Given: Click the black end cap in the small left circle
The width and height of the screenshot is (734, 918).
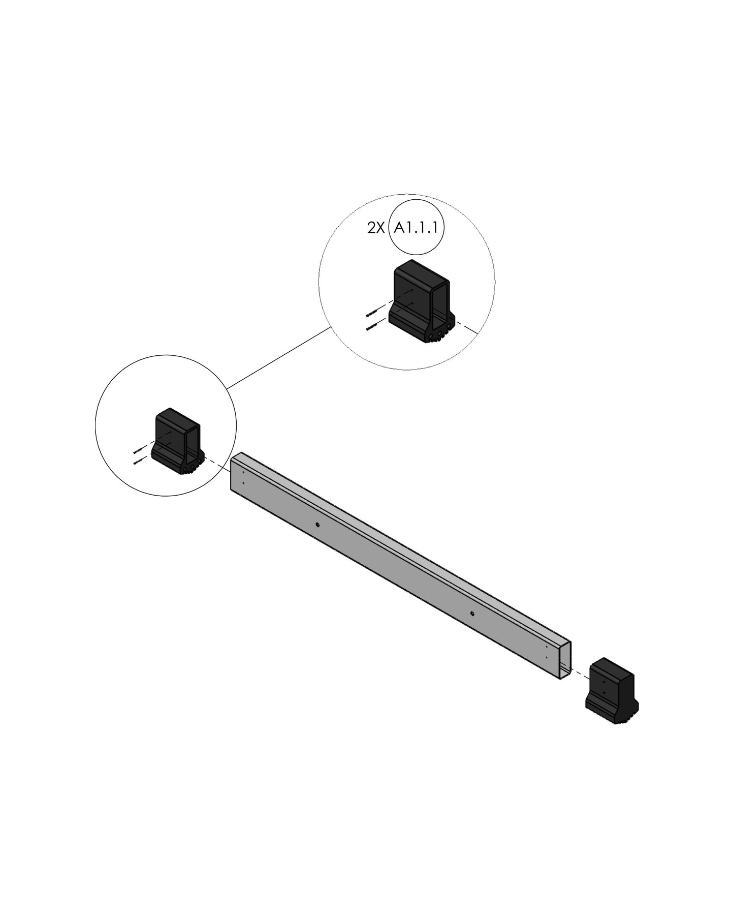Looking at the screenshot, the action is click(179, 440).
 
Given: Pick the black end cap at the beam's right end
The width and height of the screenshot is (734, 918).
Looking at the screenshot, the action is click(612, 690).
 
